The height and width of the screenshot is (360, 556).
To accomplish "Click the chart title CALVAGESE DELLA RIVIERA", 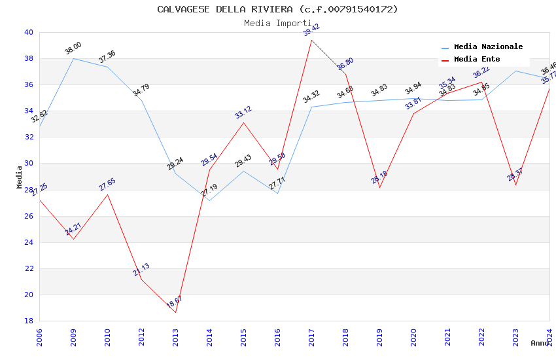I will coord(277,9).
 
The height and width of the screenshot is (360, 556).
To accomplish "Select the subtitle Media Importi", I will coord(277,23).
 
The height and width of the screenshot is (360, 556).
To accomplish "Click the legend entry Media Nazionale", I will coord(488,47).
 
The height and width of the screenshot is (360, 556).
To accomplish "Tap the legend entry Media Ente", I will coord(477,60).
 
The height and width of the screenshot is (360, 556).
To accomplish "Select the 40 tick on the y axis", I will coord(28,32).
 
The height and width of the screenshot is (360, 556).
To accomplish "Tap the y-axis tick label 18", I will coord(28,321).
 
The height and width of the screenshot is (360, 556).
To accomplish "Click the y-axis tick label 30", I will coord(28,164).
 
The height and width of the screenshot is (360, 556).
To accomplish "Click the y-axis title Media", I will coord(19,177).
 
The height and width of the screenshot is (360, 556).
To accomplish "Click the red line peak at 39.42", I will coord(311,40).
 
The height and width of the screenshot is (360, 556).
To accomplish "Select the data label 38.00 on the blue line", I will coord(73,48).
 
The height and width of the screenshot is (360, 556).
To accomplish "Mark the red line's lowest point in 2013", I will coord(175,312).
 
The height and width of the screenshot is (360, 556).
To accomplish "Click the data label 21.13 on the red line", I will coord(141,270).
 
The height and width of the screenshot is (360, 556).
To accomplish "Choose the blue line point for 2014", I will coord(209,200).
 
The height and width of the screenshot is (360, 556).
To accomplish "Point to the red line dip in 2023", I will coord(515,185).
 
